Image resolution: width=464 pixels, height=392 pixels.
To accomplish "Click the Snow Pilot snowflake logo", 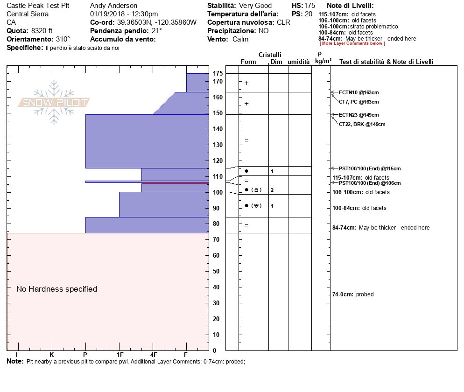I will tap(54, 103).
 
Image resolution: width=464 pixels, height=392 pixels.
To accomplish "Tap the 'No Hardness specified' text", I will tap(56, 289).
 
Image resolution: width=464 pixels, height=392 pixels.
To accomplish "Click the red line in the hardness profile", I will tap(175, 183).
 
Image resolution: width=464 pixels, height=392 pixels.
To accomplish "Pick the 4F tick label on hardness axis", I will tap(153, 355).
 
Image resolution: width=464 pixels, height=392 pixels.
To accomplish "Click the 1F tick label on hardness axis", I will tap(120, 355).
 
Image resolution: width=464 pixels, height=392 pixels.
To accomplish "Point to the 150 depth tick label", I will tap(218, 113).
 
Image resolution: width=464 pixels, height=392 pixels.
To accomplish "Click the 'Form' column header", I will tap(248, 62).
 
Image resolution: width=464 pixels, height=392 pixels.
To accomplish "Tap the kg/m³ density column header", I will tap(323, 61).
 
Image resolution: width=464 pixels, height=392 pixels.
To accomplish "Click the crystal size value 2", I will tap(272, 190).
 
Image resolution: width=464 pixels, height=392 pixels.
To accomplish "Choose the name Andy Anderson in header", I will tap(113, 6).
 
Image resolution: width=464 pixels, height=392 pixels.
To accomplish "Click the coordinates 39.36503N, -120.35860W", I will tap(156, 22).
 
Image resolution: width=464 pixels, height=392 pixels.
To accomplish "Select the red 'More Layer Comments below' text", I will tap(352, 43).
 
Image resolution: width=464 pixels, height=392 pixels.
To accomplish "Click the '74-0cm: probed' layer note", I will tap(352, 294).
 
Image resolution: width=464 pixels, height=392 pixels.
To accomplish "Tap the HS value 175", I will tap(309, 6).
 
